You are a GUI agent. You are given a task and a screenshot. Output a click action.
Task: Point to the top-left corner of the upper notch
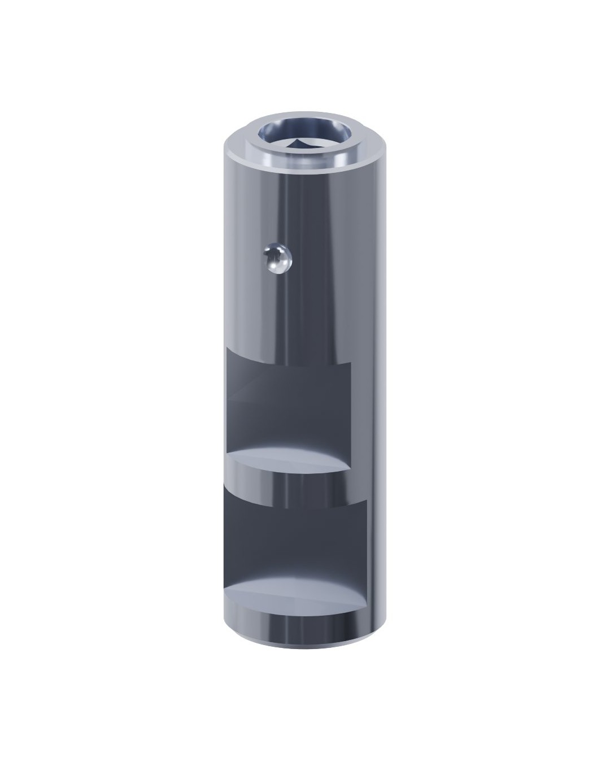[x=226, y=349]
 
